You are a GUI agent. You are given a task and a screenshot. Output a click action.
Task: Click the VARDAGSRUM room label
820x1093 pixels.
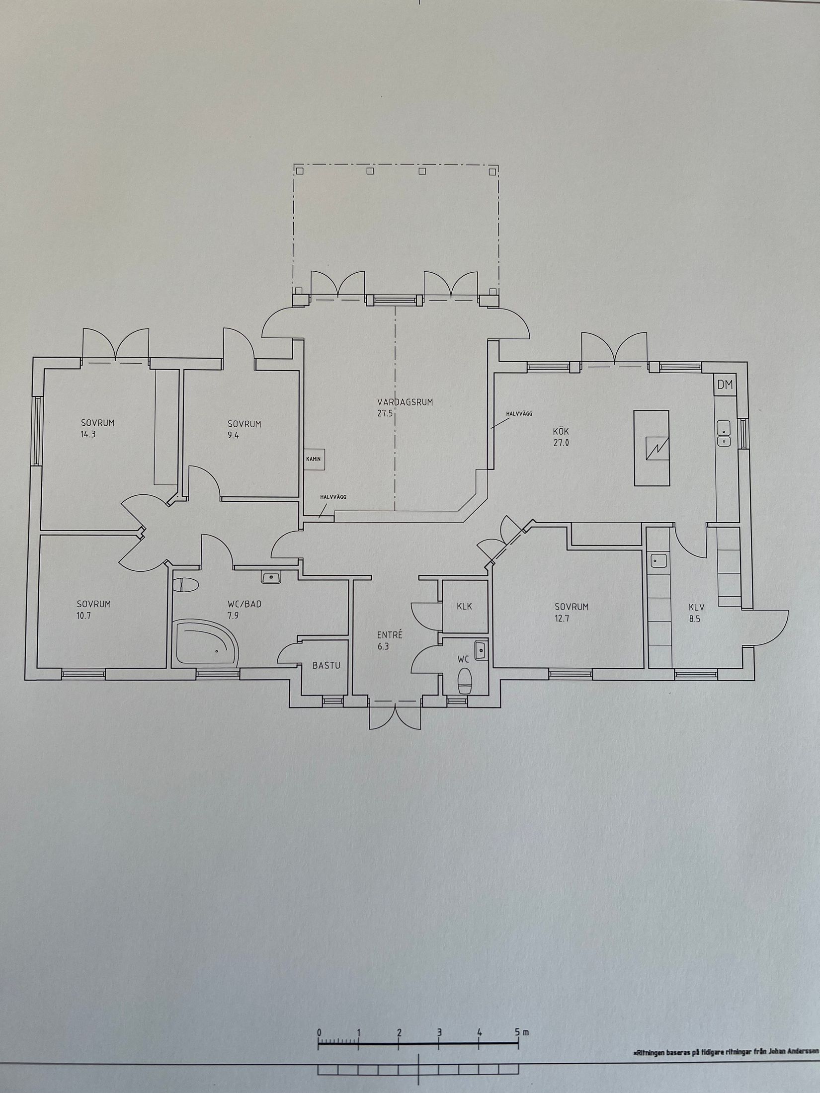click(x=405, y=402)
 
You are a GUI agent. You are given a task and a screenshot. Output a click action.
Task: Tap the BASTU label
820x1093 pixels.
click(x=327, y=665)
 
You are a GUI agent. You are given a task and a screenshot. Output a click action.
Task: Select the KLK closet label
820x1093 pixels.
click(x=464, y=606)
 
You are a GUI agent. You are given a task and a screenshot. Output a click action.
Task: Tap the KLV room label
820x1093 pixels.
click(x=697, y=607)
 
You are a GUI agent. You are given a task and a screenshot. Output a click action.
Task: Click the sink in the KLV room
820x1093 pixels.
click(x=658, y=561)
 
